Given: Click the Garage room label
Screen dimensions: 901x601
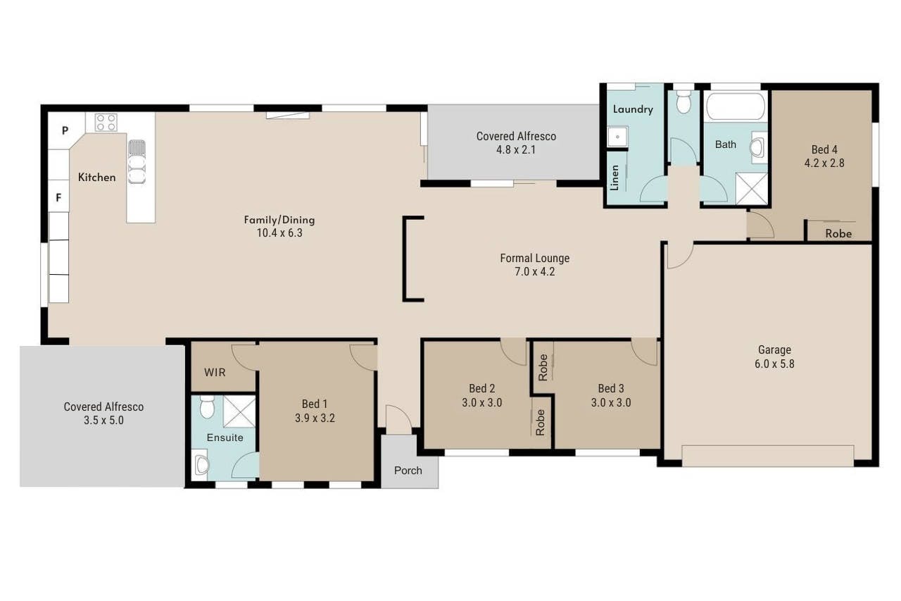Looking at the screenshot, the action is point(774,349).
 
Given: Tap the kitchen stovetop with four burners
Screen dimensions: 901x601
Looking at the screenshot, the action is point(106,123).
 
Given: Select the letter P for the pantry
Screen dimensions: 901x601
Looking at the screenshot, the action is point(65,130).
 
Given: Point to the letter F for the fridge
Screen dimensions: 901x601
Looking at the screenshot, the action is point(58,198).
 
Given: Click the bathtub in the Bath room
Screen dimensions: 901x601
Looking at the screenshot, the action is point(736,106).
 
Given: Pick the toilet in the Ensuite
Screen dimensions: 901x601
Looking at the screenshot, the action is point(207,407).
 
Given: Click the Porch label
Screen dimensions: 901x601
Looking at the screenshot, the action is point(408,470).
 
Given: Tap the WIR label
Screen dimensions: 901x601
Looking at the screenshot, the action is point(215,372).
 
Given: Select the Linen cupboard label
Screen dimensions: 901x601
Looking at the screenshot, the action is point(615,178).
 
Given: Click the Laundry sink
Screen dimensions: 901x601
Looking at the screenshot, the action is point(617,137).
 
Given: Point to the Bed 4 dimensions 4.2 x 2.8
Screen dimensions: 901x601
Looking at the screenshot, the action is point(824,163).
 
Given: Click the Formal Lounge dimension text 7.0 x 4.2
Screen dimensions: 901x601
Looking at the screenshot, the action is point(534,272).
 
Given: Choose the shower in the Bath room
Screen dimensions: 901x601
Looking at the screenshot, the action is point(751,188).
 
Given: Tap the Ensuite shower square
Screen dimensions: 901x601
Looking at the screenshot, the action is point(239,411).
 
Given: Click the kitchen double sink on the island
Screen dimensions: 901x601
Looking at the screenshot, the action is point(137,161).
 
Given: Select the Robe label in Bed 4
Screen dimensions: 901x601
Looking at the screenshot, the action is point(838,233).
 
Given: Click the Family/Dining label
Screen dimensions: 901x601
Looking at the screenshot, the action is point(279,220).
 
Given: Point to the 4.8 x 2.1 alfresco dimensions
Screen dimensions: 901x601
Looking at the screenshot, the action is point(516,150).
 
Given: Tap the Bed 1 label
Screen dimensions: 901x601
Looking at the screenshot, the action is point(315,404).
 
